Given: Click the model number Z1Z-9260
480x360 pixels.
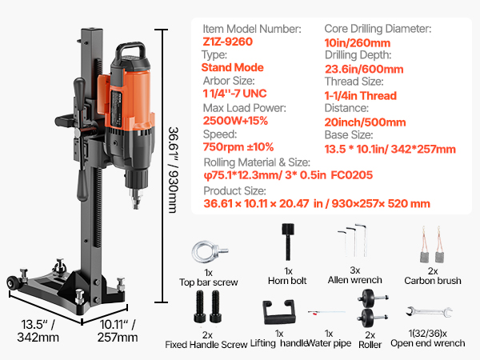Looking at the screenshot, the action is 227,42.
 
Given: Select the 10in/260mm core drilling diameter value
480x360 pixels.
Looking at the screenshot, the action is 358,43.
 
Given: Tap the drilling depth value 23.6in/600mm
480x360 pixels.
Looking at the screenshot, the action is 364,69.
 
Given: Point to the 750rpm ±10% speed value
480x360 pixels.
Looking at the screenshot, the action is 238,147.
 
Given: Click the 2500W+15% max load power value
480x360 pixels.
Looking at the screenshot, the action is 235,121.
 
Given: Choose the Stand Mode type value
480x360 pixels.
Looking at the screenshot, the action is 232,67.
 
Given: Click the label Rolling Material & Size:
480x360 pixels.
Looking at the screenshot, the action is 257,162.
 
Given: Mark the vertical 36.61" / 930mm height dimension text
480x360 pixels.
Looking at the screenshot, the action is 174,170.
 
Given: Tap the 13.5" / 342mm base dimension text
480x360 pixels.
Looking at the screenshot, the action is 38,330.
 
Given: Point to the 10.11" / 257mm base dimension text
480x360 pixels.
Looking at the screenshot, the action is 118,330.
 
